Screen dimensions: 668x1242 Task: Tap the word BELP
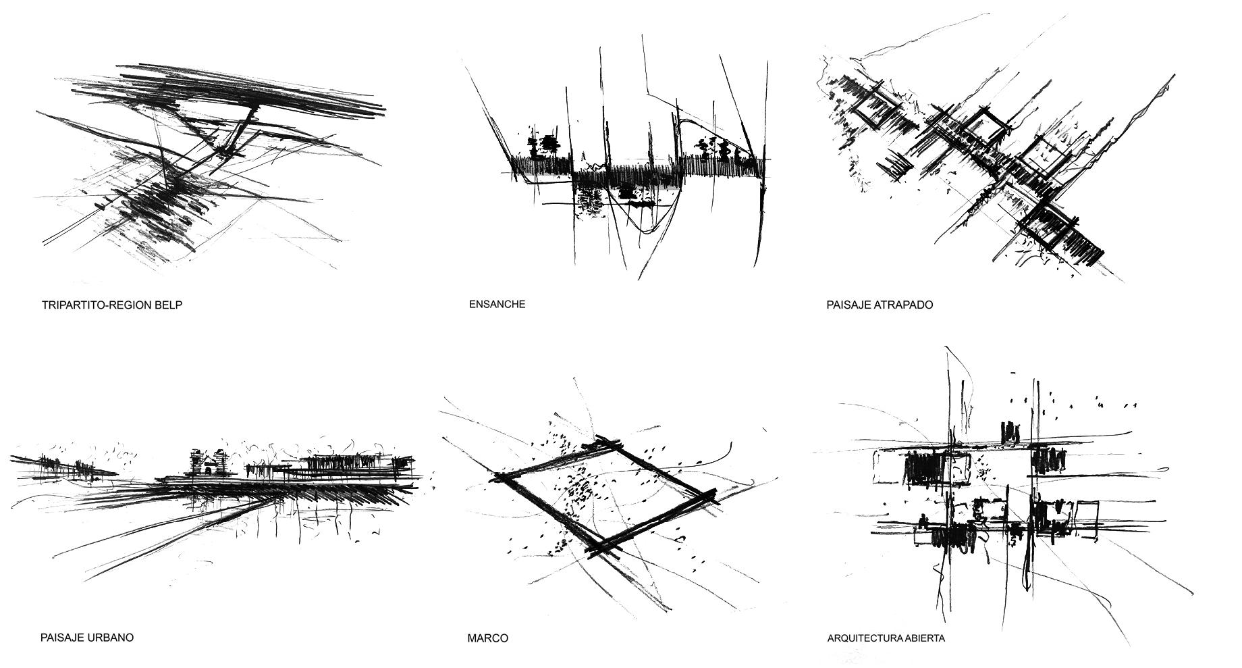[169, 305]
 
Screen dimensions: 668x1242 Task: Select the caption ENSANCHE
[497, 304]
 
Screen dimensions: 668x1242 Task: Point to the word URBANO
[111, 637]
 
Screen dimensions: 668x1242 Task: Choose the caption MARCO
[487, 638]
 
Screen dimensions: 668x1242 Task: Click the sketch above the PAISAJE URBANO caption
[223, 493]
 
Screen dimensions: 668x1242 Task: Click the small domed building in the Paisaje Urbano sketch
[208, 463]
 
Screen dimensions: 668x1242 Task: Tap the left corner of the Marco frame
[501, 476]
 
